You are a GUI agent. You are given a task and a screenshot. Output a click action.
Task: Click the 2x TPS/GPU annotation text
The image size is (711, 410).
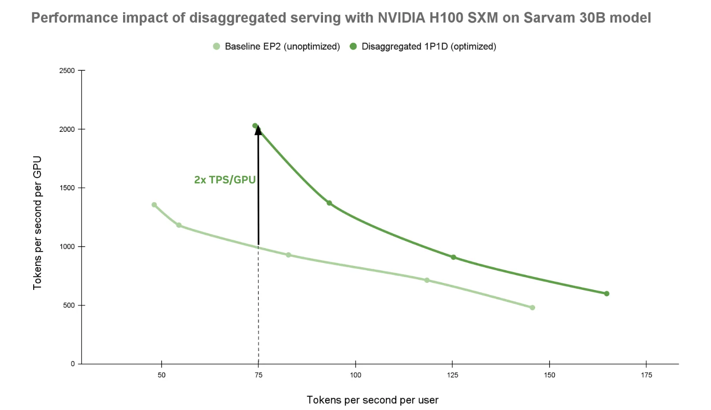[225, 179]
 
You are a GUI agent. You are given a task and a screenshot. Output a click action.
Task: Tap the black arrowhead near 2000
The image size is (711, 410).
[258, 130]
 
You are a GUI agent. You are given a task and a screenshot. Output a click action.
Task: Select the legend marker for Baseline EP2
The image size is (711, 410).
[216, 46]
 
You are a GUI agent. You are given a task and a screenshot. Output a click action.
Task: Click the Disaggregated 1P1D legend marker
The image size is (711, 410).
[354, 46]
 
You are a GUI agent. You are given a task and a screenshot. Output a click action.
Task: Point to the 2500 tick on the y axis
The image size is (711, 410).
[67, 70]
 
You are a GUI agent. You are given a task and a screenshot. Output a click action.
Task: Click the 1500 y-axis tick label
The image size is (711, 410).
[67, 188]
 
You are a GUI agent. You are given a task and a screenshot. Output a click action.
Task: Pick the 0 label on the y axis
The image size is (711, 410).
[73, 364]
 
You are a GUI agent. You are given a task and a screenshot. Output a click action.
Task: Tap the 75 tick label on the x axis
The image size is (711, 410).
[258, 375]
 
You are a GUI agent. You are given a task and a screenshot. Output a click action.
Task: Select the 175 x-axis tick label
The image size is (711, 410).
[646, 375]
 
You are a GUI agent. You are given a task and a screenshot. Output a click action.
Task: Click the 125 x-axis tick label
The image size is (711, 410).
[453, 375]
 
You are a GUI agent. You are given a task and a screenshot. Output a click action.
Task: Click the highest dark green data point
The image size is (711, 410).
[255, 126]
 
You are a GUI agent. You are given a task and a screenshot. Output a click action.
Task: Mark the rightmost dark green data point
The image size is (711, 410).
[607, 293]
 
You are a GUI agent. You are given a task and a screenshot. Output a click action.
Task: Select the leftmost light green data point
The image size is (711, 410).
[154, 205]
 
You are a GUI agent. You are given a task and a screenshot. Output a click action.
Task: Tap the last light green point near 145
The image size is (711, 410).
[532, 307]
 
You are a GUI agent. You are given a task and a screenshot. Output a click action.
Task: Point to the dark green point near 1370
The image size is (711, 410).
[330, 203]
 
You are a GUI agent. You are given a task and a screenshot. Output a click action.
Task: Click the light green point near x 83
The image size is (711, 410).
[289, 255]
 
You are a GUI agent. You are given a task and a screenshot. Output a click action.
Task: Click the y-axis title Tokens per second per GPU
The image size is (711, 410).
[38, 223]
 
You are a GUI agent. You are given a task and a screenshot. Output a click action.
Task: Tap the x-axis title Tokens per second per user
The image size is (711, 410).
[372, 400]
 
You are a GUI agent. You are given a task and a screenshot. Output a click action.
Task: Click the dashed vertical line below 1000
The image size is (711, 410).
[258, 306]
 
